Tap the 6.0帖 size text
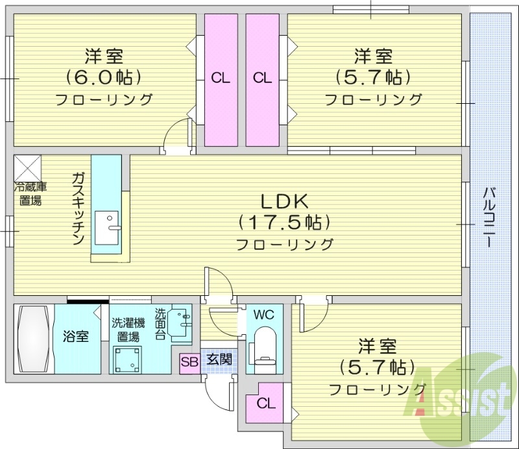tap(103, 77)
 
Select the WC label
tap(263, 316)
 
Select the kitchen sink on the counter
tap(107, 224)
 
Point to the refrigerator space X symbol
tap(27, 168)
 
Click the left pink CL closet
tap(221, 80)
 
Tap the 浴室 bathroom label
tap(76, 337)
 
